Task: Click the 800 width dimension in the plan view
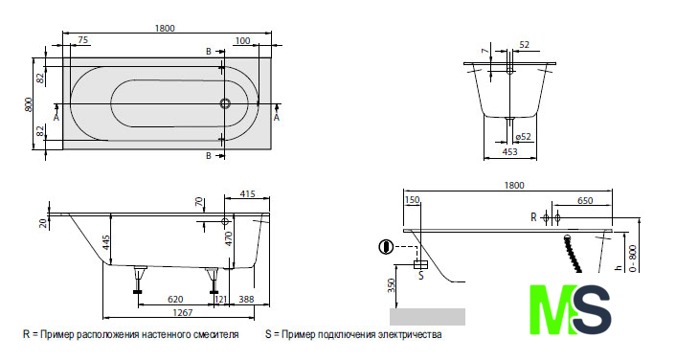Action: [x=29, y=104]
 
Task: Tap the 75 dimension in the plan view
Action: [x=82, y=40]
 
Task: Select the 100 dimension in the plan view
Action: [x=242, y=40]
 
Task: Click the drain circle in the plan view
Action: [x=225, y=103]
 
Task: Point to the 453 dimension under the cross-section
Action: [x=509, y=152]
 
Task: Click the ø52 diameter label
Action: [x=523, y=137]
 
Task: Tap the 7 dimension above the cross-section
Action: [x=486, y=51]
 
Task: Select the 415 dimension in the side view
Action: [x=247, y=194]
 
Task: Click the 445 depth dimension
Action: [x=106, y=244]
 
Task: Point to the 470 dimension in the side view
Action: [x=229, y=238]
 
